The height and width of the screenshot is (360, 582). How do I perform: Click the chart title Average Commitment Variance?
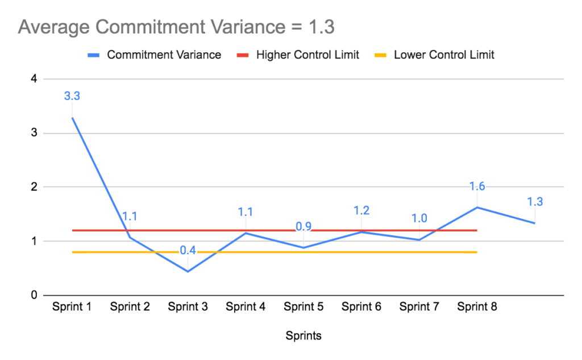click(x=176, y=27)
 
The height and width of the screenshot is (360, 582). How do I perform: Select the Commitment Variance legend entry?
click(x=164, y=55)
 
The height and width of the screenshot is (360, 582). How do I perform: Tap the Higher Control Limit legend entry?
click(x=307, y=55)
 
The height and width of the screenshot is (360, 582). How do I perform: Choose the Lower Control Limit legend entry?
click(x=444, y=55)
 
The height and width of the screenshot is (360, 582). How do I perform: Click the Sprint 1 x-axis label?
click(x=72, y=307)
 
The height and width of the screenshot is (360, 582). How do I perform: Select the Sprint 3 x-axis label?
click(x=188, y=307)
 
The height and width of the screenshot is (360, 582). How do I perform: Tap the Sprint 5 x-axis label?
click(x=304, y=307)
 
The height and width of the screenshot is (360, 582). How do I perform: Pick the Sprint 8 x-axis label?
click(x=477, y=307)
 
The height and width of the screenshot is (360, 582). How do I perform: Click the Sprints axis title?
click(x=304, y=336)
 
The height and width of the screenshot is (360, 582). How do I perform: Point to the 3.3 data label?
click(x=72, y=96)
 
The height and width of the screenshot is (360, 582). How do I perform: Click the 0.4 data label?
click(x=188, y=250)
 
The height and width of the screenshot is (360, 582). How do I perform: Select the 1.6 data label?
click(x=477, y=187)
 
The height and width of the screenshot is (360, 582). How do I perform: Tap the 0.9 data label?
click(x=304, y=226)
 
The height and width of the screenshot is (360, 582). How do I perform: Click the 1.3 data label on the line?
click(x=535, y=201)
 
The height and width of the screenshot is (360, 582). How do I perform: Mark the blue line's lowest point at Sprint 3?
click(x=188, y=271)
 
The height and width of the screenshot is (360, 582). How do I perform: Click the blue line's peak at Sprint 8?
click(x=477, y=207)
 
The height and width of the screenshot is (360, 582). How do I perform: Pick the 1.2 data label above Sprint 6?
click(x=361, y=210)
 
